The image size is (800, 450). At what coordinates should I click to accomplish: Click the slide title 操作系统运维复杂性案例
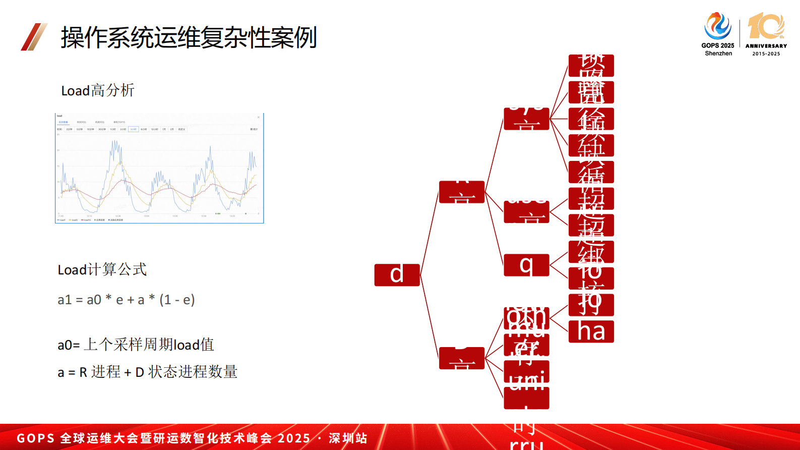coord(189,37)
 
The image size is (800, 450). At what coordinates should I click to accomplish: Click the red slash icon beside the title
coord(34,37)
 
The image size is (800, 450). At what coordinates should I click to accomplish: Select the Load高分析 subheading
coord(98,91)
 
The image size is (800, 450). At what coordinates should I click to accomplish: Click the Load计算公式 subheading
coord(102,269)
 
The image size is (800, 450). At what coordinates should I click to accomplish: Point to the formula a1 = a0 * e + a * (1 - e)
coord(126,300)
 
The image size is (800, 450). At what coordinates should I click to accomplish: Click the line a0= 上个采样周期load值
coord(136,345)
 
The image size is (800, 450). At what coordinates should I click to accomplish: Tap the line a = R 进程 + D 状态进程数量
coord(147,372)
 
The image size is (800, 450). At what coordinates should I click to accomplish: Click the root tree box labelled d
coord(397,275)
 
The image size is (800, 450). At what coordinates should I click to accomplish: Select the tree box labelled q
coord(526,265)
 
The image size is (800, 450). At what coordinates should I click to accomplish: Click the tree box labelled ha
coord(591,331)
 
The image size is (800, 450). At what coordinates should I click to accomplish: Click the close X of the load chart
coord(259,117)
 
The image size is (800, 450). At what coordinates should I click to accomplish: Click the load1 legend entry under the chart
coord(61,220)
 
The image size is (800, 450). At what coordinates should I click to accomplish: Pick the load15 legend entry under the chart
coord(86,220)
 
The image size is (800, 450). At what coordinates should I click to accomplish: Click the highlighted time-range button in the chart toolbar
coord(133,129)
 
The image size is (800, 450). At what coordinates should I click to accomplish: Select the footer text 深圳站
coord(348,438)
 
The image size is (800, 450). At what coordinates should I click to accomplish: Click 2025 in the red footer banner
coord(294,438)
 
